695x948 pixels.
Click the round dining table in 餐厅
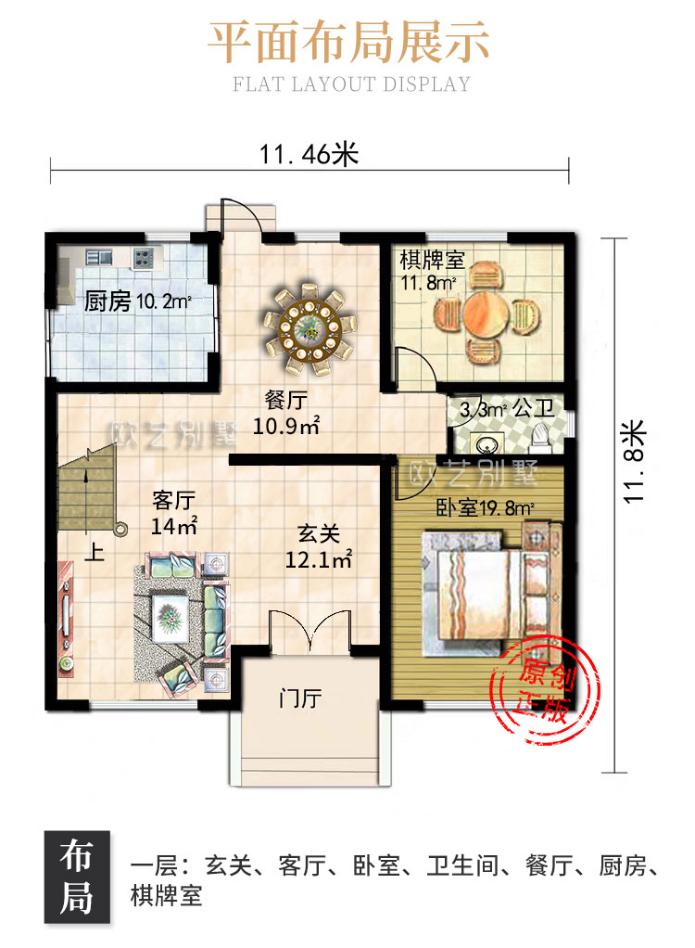click(310, 329)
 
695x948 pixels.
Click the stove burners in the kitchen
click(143, 258)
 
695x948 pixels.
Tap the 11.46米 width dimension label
click(309, 154)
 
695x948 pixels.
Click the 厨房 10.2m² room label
click(138, 301)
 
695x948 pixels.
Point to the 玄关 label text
click(319, 534)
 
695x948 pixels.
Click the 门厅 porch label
click(300, 698)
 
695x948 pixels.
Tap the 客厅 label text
click(174, 501)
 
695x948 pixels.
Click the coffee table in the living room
click(170, 617)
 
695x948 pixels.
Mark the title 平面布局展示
click(348, 43)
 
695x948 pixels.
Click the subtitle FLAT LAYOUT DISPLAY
click(351, 84)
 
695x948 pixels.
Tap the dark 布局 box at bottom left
click(77, 877)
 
